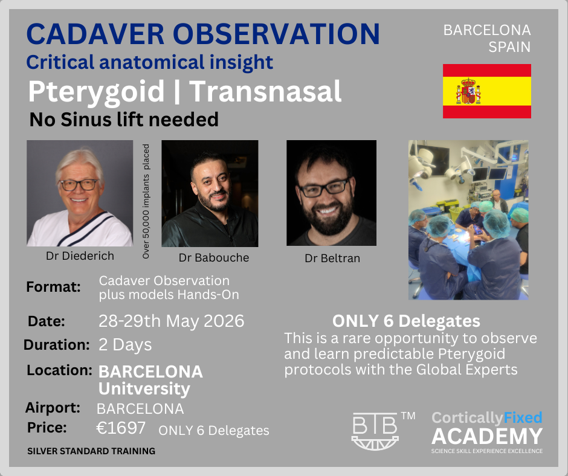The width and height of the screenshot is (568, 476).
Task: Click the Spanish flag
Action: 487,91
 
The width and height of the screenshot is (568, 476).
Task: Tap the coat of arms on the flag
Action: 468,91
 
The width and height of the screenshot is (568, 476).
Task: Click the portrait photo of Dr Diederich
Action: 80,193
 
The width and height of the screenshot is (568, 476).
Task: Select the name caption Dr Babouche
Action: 214,257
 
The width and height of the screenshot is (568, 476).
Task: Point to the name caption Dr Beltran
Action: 332,259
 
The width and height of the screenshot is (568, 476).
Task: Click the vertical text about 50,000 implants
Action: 146,201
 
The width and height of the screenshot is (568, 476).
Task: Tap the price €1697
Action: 121,428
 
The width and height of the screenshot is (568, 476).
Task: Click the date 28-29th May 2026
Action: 172,321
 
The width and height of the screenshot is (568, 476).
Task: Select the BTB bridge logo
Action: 375,431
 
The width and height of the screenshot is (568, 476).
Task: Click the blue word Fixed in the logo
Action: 522,417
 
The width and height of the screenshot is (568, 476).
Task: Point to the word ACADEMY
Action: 487,436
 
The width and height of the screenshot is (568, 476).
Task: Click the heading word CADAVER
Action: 95,34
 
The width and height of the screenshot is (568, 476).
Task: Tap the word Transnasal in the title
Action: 265,91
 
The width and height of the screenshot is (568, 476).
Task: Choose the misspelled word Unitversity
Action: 144,388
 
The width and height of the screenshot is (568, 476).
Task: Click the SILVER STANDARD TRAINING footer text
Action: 91,451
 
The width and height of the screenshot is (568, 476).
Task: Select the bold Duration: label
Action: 57,344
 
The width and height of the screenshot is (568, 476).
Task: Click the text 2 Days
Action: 125,345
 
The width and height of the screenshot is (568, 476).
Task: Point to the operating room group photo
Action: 468,220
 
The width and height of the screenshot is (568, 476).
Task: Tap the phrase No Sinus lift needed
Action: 124,120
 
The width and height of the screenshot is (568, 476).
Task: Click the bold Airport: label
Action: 53,408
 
